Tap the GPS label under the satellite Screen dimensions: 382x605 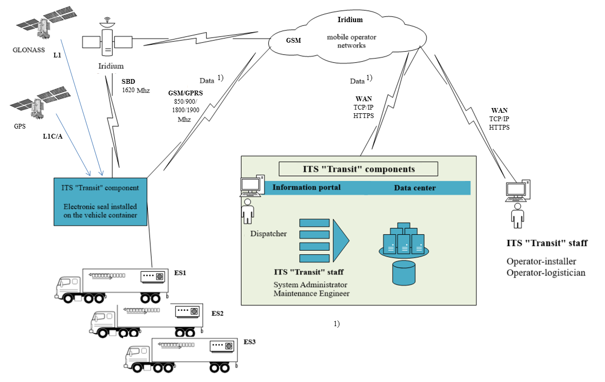(19, 126)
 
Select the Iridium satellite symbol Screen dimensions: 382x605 (108, 42)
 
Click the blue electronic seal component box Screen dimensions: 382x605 (100, 202)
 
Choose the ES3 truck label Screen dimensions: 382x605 (250, 342)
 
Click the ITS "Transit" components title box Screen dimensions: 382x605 (358, 169)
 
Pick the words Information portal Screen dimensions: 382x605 (306, 188)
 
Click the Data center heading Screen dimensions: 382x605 (415, 188)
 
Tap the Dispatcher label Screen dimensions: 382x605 (268, 233)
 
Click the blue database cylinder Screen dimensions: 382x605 (404, 273)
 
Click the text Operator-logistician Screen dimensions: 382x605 (546, 272)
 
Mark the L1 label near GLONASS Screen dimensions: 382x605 (57, 55)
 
